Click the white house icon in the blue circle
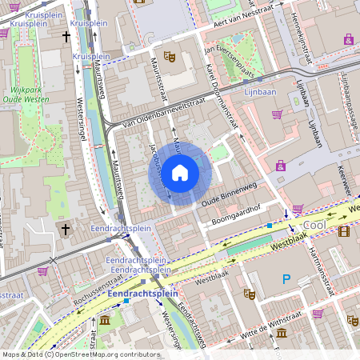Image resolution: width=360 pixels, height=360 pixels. click(180, 172)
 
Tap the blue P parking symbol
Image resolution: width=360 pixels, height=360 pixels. click(286, 279)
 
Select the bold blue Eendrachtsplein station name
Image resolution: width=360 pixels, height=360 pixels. click(142, 294)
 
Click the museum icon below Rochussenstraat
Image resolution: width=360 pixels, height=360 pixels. click(106, 321)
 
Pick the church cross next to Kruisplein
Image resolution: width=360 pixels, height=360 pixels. click(66, 37)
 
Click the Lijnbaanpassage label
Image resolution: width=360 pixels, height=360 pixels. click(347, 96)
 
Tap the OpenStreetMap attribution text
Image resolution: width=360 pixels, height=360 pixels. click(80, 354)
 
